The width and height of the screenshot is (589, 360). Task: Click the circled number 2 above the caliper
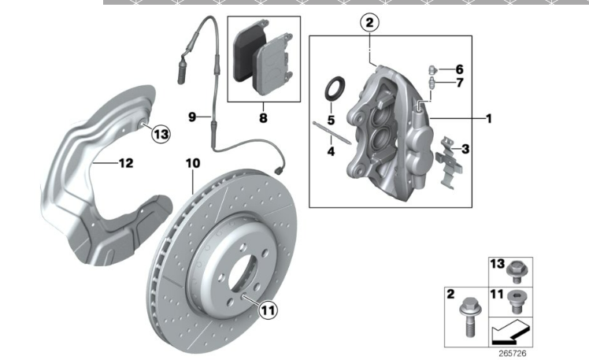pyautogui.click(x=370, y=23)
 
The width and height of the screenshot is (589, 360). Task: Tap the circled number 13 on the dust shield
pyautogui.click(x=160, y=134)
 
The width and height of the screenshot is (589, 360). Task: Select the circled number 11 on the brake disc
pyautogui.click(x=269, y=310)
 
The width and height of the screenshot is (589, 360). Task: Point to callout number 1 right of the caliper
pyautogui.click(x=488, y=119)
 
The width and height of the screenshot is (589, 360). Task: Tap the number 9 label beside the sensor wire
pyautogui.click(x=192, y=117)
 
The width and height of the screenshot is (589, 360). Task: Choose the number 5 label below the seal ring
pyautogui.click(x=332, y=120)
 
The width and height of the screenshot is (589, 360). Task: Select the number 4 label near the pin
pyautogui.click(x=332, y=150)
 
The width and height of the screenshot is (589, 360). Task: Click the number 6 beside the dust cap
pyautogui.click(x=459, y=69)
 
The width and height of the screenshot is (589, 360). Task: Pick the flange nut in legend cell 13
pyautogui.click(x=517, y=271)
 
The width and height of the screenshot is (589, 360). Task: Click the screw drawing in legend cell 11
pyautogui.click(x=517, y=299)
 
